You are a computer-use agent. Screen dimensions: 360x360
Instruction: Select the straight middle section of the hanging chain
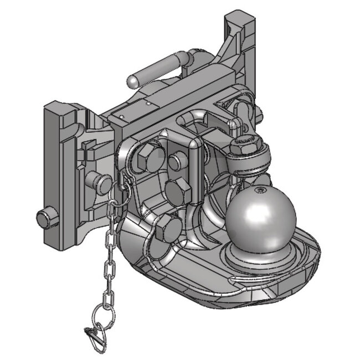click(x=109, y=260)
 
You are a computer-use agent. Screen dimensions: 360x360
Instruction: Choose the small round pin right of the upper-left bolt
click(x=176, y=161)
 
